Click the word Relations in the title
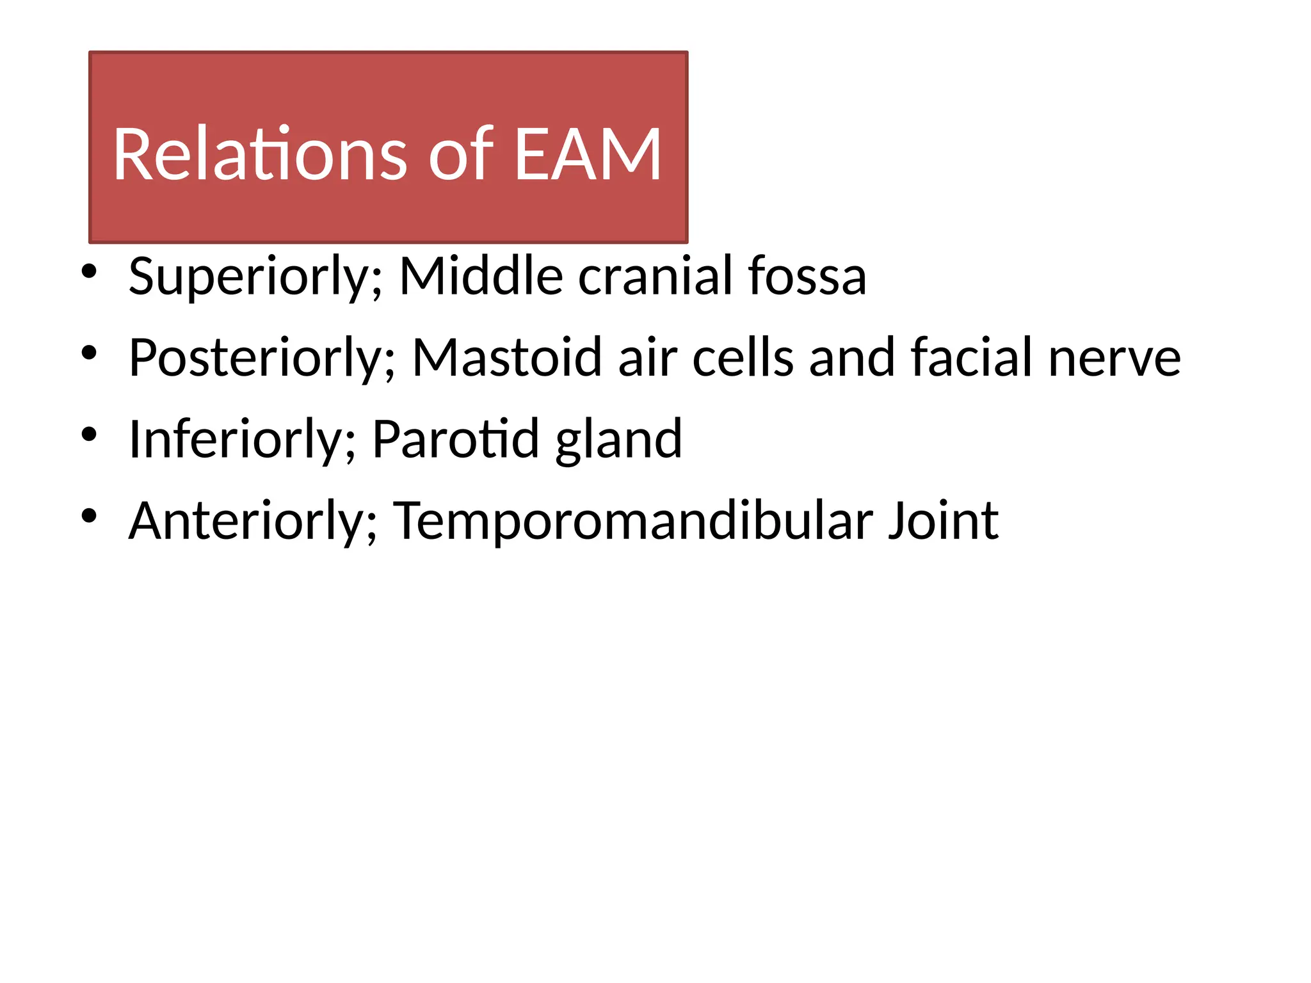[259, 154]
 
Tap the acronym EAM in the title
[588, 154]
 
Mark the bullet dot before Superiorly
[89, 271]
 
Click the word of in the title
[461, 154]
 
